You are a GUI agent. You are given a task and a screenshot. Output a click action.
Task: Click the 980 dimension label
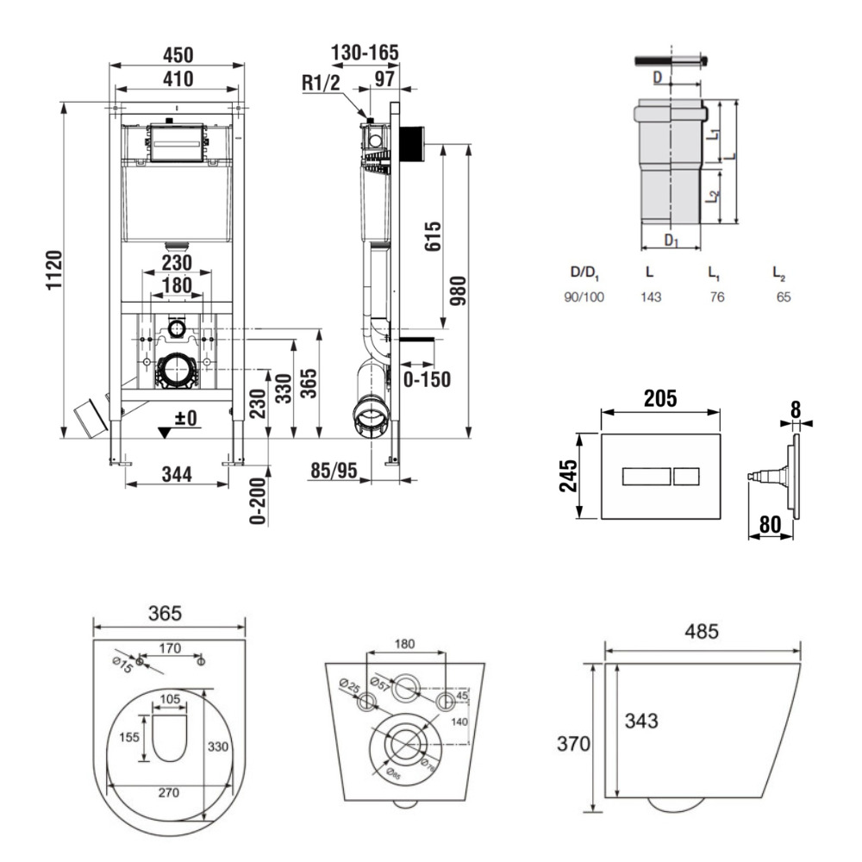click(x=459, y=297)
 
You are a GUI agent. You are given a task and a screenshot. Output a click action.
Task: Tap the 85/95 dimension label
click(x=334, y=471)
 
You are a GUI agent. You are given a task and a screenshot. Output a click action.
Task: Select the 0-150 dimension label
click(x=427, y=379)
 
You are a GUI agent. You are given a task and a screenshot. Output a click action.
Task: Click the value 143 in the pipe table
click(x=651, y=297)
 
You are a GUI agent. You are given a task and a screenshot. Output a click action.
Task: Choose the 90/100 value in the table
click(x=584, y=297)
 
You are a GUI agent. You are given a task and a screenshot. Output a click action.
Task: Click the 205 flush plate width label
click(x=659, y=398)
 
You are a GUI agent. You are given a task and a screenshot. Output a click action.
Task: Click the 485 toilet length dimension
click(x=702, y=632)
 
